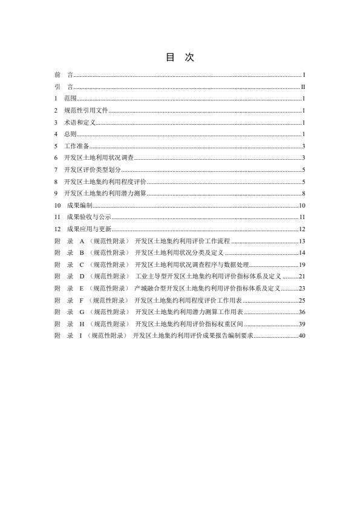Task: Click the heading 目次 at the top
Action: (x=180, y=57)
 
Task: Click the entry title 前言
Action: (x=64, y=75)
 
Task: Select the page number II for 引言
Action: (x=303, y=87)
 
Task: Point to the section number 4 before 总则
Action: (x=56, y=134)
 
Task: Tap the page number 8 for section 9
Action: (x=304, y=193)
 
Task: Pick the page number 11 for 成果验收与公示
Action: (x=302, y=217)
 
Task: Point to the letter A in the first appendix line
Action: (x=81, y=241)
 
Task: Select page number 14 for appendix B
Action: (x=302, y=252)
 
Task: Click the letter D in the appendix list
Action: (x=81, y=276)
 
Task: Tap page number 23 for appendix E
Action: (x=302, y=288)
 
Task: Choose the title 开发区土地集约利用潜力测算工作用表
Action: (x=189, y=312)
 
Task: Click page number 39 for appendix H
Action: (x=302, y=324)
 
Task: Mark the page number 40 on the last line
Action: (x=302, y=335)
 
